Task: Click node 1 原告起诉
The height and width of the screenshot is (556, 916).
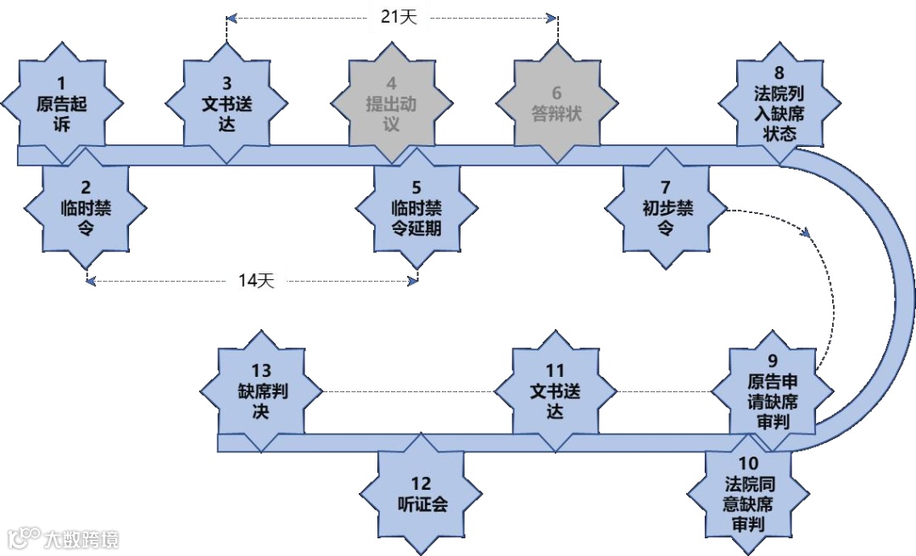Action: click(62, 105)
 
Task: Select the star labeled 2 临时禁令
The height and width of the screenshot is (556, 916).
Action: click(86, 207)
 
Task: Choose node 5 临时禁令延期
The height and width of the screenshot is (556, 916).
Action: click(416, 207)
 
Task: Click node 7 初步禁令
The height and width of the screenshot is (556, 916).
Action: click(666, 207)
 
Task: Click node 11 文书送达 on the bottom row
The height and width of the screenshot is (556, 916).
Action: click(555, 391)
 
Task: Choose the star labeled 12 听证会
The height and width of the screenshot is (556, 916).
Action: click(422, 493)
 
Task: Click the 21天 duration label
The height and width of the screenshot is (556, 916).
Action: click(392, 16)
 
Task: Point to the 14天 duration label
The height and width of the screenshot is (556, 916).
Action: click(252, 281)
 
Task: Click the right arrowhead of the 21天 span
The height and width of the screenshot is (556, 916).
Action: click(553, 17)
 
